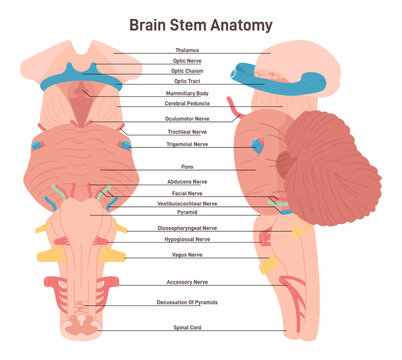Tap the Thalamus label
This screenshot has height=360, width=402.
(187, 50)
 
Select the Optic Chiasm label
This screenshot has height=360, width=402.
(187, 71)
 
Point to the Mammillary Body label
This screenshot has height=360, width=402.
(187, 92)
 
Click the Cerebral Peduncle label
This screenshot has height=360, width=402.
(187, 103)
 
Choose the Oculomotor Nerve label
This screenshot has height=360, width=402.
(187, 119)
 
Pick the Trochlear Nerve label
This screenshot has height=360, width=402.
(187, 132)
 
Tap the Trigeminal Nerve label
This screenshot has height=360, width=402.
(187, 144)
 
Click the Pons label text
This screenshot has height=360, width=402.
(187, 168)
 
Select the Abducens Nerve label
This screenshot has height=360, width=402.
(187, 182)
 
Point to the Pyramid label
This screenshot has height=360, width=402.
(187, 213)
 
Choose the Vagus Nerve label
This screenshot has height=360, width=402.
(187, 256)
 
